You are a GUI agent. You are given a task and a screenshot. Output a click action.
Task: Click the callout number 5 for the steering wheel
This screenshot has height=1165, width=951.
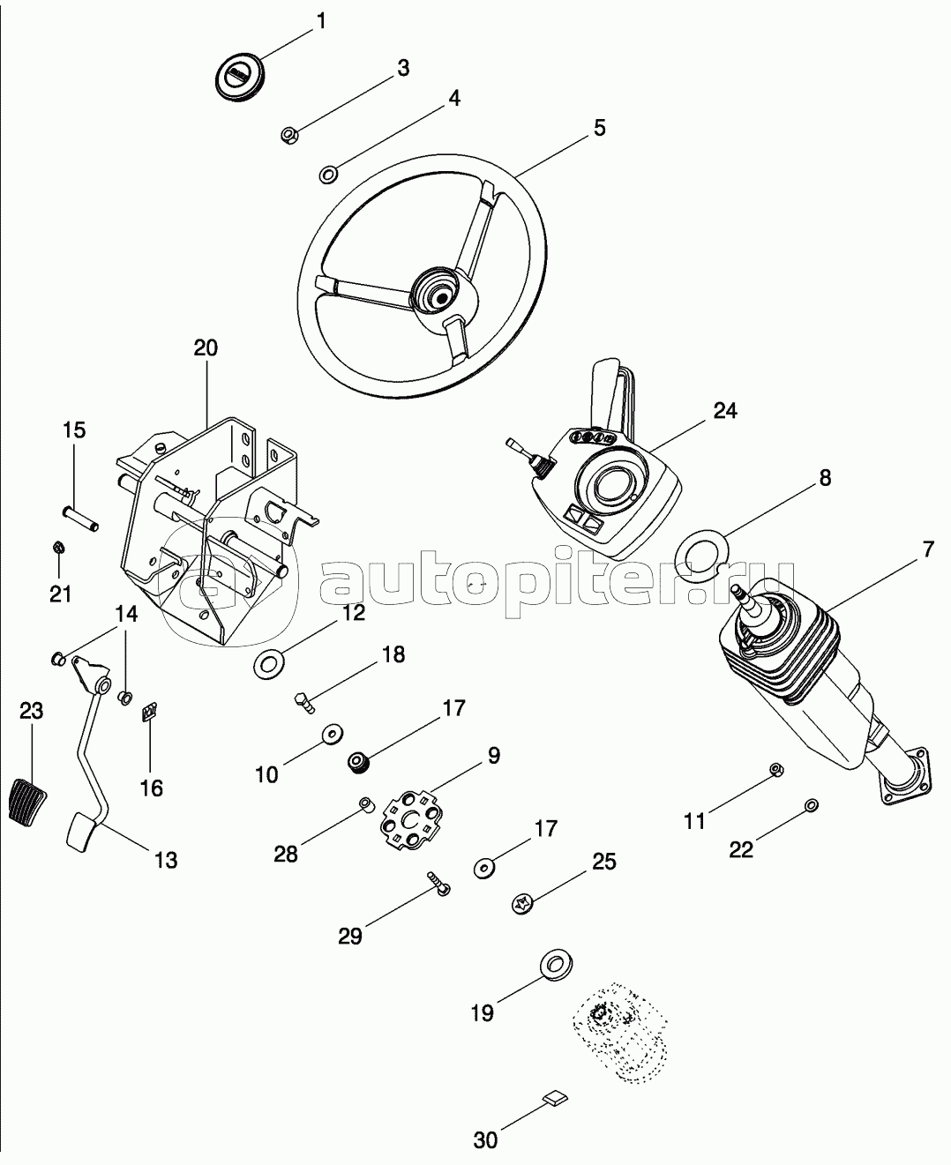600,128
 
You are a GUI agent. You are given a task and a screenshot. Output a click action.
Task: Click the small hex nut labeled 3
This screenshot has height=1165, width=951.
289,135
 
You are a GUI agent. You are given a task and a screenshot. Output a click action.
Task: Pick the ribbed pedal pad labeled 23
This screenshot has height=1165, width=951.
27,798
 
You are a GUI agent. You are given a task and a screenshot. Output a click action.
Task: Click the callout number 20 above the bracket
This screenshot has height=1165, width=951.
206,348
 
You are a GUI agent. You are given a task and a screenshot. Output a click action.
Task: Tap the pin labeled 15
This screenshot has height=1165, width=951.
80,519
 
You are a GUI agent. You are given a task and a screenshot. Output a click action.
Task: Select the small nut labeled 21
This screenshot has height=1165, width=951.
58,548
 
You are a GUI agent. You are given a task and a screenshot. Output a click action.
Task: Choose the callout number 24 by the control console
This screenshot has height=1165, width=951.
725,411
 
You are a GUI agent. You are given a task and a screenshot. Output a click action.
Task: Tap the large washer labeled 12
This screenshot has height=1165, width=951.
268,663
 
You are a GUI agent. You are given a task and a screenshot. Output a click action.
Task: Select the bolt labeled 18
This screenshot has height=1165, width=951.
304,702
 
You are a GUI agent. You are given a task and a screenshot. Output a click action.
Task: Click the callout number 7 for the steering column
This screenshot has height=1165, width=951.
928,549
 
